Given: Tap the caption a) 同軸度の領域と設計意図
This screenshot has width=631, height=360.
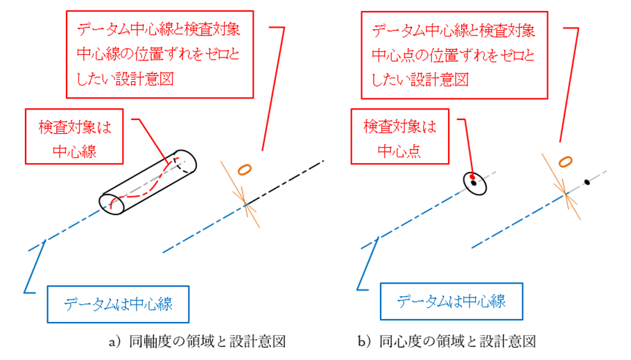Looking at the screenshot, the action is point(197,342).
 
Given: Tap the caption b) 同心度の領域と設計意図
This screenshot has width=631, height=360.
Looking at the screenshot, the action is point(447,342).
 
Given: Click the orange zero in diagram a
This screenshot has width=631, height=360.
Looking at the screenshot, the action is point(244,170).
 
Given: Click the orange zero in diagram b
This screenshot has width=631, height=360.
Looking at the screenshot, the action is point(565,162).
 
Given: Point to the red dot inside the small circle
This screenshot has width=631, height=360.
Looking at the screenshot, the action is point(472,177).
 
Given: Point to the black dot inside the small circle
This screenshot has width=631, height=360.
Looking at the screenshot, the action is point(474,183).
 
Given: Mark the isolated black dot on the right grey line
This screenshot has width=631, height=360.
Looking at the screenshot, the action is point(587,182).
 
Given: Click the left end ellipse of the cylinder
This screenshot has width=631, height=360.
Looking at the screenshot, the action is point(112,204).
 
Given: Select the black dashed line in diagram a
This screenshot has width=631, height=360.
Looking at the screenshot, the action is point(284,183).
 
